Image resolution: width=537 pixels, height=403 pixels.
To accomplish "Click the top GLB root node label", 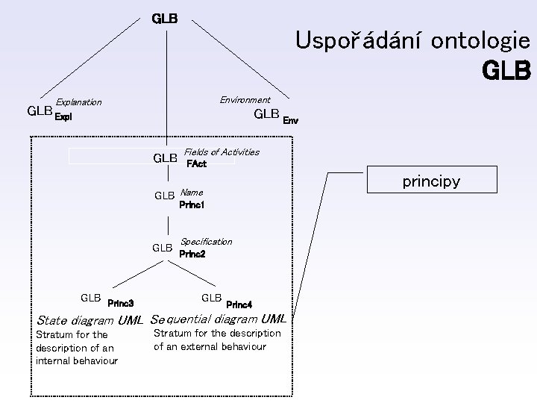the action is coord(164,18).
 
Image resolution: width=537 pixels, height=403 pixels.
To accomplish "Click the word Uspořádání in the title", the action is coord(350,40).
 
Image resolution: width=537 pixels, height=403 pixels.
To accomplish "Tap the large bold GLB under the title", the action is coord(506,72).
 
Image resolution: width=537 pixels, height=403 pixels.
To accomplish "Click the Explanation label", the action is coord(79,102).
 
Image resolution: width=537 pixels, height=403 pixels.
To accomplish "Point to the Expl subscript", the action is coord(63,117).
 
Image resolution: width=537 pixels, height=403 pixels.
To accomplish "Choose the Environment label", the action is coord(245,100).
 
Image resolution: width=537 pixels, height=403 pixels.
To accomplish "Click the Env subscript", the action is coord(290,119).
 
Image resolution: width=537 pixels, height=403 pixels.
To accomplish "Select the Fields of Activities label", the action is coord(222,152).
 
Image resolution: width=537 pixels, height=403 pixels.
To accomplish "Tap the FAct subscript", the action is coord(196,163).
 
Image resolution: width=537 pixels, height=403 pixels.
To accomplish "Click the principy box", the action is coord(431,181).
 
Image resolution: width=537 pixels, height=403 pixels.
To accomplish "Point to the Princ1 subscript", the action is coord(192,204).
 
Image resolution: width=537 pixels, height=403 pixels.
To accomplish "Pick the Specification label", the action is coord(206,242).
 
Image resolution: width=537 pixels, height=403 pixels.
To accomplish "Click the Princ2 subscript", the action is coord(192,254).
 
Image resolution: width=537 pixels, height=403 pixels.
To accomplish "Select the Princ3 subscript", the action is coord(121,304).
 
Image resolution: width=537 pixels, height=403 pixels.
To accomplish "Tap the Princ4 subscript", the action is coord(239,304).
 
